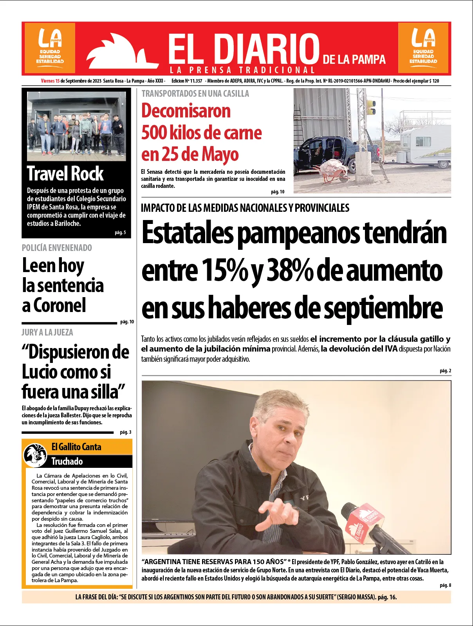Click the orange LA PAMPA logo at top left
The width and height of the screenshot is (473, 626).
(x=50, y=48)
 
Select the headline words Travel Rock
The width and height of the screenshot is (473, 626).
(x=65, y=173)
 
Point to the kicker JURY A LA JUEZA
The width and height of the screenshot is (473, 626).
(x=47, y=332)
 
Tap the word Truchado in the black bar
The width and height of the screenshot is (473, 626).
(x=67, y=461)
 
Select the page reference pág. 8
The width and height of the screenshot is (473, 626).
(x=445, y=585)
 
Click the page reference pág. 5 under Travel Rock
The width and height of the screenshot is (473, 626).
(x=120, y=233)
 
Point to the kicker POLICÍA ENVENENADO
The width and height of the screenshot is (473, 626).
(x=57, y=248)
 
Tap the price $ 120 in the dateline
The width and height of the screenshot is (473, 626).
(x=433, y=81)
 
